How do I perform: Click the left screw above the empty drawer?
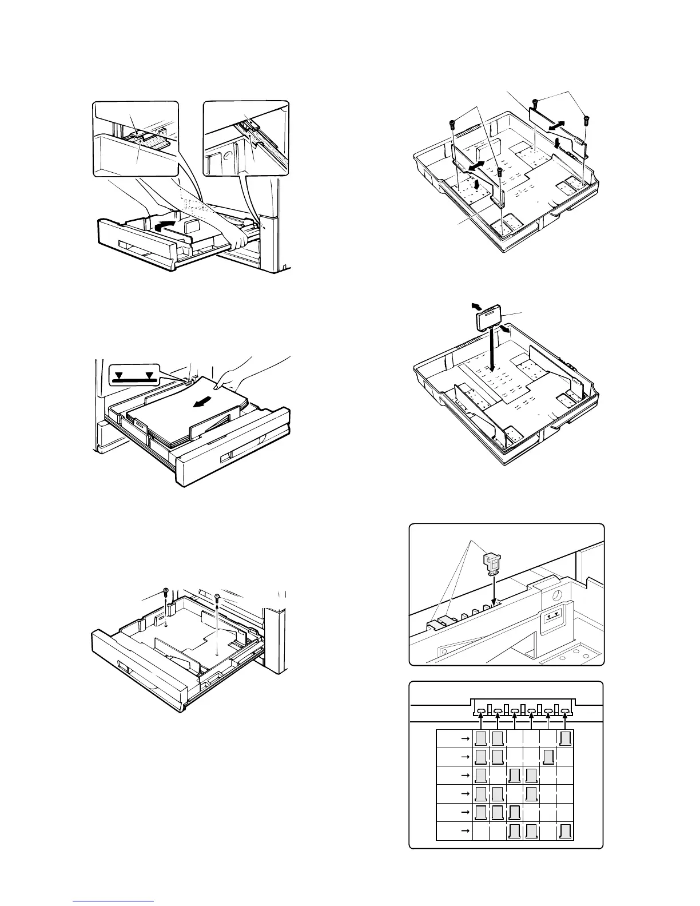[165, 591]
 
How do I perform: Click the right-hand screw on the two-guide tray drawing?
[586, 119]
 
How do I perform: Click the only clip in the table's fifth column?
[548, 758]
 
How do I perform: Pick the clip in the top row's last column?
[566, 738]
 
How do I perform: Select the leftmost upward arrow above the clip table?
[481, 720]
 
